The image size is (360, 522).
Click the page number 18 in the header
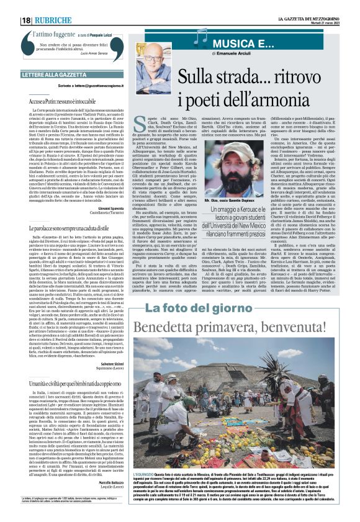click(27, 20)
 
